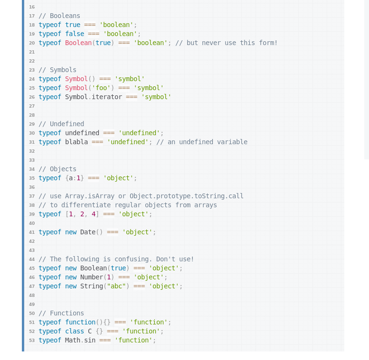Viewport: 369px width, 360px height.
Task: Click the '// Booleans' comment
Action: tap(59, 16)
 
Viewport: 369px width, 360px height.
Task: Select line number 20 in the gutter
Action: tap(31, 43)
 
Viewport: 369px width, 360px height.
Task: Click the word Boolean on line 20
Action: tap(78, 43)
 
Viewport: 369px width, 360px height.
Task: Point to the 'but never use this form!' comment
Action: tap(226, 43)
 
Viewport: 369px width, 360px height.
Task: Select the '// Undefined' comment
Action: tap(61, 124)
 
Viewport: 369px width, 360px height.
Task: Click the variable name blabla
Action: tap(76, 142)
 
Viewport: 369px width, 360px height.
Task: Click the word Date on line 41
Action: tap(88, 232)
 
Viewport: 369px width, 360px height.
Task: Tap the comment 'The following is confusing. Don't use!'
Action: tap(116, 259)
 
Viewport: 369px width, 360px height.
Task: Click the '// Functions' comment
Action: tap(61, 313)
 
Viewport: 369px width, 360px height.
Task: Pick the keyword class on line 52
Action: tap(75, 331)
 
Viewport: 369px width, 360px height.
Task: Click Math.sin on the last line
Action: tap(80, 340)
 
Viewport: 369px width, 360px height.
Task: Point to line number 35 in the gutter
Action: tap(31, 178)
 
